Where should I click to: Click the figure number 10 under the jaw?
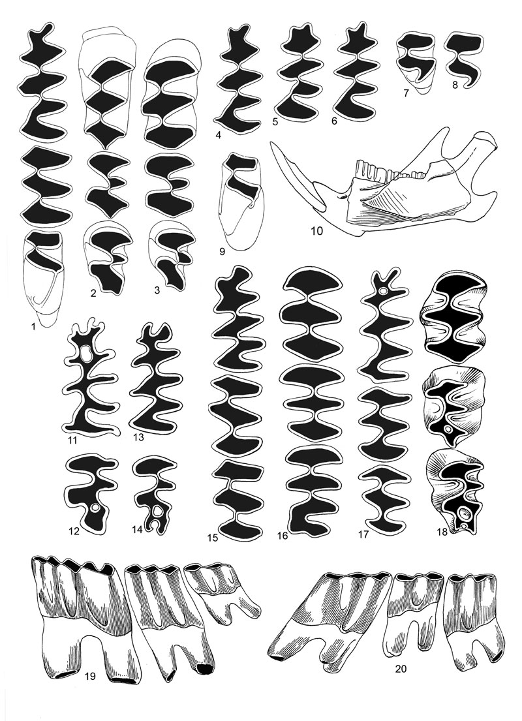(317, 230)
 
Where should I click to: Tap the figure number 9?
(222, 251)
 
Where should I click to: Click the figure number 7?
(406, 93)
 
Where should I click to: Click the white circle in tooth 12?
(96, 508)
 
